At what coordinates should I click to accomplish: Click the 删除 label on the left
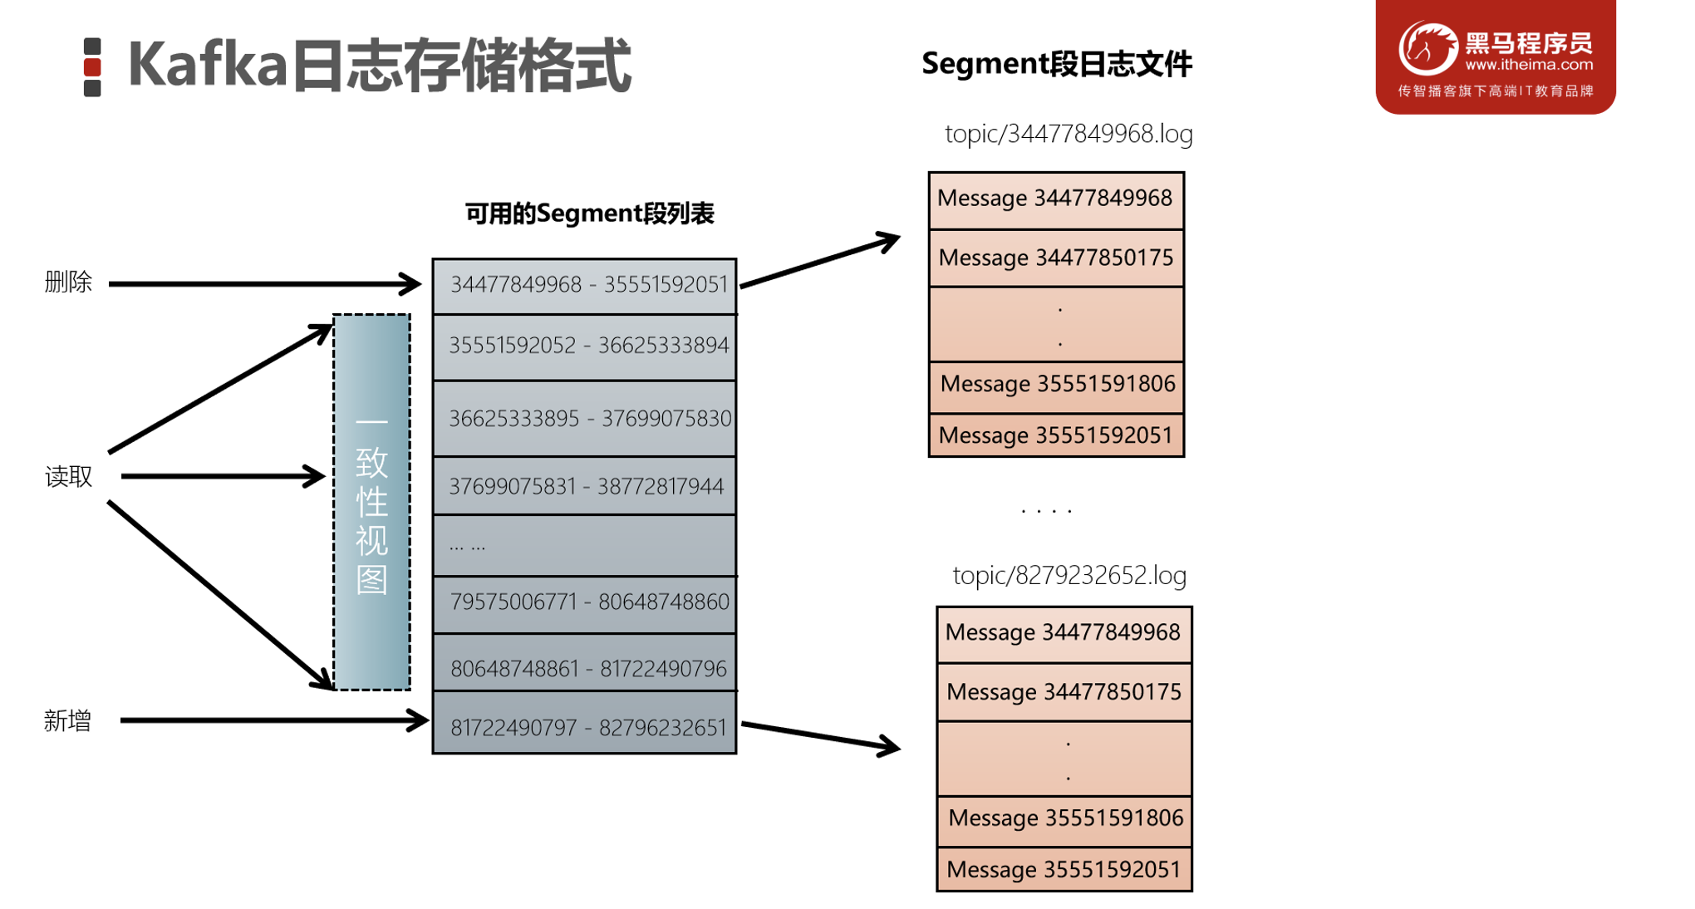[x=68, y=283]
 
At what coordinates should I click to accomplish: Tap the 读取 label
[x=68, y=477]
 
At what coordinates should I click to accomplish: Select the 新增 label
[x=67, y=720]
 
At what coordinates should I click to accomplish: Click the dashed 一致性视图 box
[x=371, y=503]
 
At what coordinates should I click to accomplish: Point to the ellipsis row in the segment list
[x=585, y=546]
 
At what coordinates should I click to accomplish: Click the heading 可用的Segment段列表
[x=589, y=214]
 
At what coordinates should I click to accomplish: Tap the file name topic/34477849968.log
[x=1069, y=134]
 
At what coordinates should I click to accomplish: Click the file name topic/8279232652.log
[x=1069, y=575]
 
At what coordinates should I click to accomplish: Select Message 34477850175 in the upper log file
[x=1056, y=258]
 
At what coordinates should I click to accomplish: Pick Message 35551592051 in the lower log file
[x=1064, y=870]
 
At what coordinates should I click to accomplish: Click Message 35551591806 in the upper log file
[x=1057, y=384]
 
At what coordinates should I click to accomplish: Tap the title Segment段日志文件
[x=1057, y=64]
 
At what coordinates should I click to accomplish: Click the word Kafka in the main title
[x=208, y=65]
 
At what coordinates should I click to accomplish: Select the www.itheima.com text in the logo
[x=1529, y=65]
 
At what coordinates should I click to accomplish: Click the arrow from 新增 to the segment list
[x=274, y=720]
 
